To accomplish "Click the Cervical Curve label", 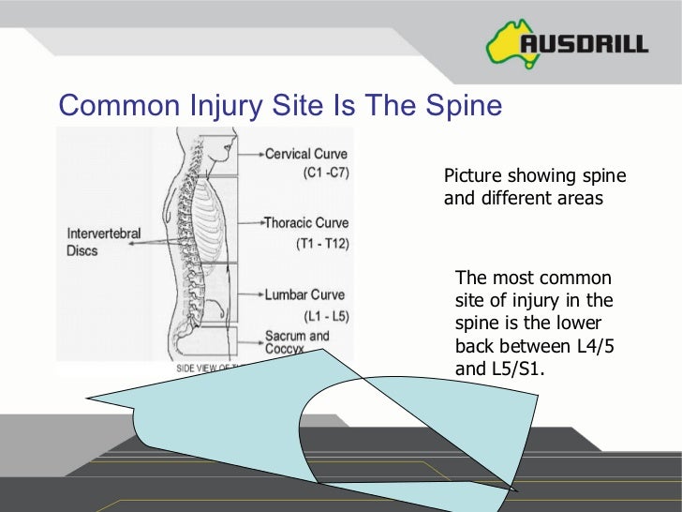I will point(306,154).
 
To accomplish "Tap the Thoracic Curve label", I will point(306,223).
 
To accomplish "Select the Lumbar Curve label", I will point(304,294).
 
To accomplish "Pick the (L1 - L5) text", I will point(325,315).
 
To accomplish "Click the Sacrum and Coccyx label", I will point(297,341).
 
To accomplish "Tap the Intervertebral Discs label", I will point(102,242).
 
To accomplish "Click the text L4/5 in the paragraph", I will point(592,346).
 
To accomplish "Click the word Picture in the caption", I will point(473,176).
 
